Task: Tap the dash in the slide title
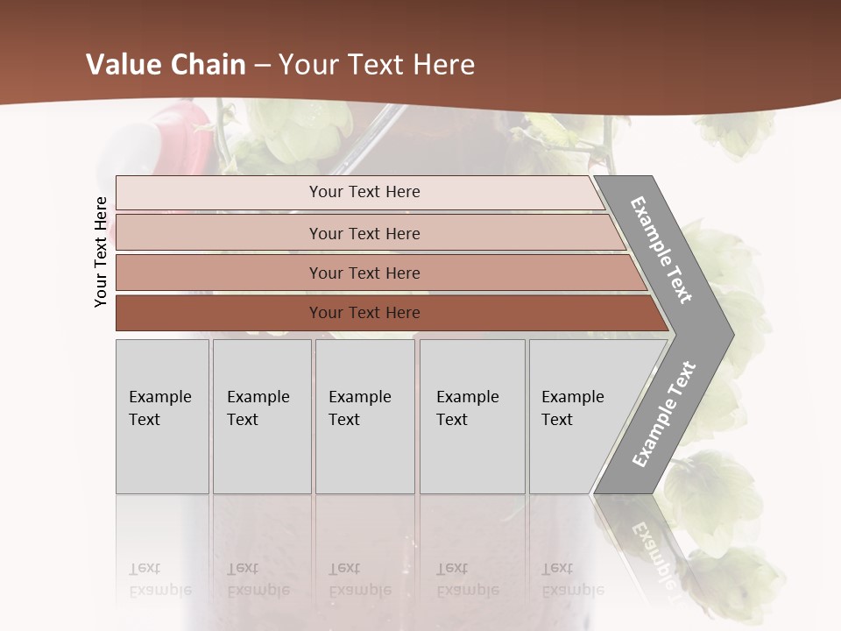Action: click(261, 65)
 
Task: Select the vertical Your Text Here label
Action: click(101, 252)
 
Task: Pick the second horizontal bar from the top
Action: click(364, 233)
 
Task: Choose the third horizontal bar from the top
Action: click(364, 273)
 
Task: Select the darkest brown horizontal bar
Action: click(364, 313)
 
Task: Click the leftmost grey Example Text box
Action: click(162, 416)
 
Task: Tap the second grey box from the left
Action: click(262, 416)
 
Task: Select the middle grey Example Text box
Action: click(364, 416)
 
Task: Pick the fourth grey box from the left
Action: click(472, 416)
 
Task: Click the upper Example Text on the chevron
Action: click(662, 250)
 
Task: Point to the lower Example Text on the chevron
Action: click(663, 415)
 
